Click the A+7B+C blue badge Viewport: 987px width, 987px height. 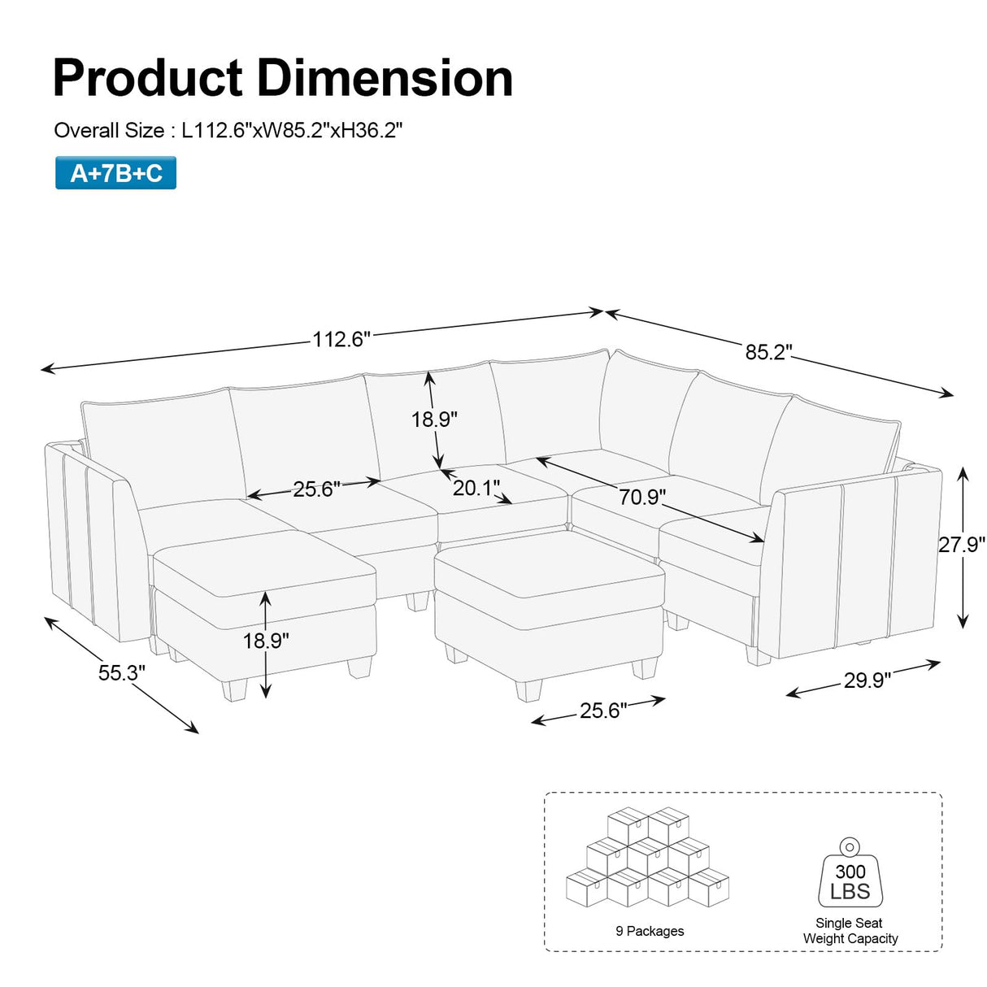pyautogui.click(x=115, y=173)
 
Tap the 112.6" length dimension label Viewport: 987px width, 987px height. pyautogui.click(x=341, y=339)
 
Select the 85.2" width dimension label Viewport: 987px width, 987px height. pyautogui.click(x=768, y=353)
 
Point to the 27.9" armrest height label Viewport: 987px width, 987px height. pyautogui.click(x=961, y=544)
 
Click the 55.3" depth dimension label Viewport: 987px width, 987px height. pyautogui.click(x=122, y=673)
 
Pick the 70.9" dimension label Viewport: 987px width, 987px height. pyautogui.click(x=642, y=497)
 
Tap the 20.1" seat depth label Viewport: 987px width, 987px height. pyautogui.click(x=476, y=488)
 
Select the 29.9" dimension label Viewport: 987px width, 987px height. pyautogui.click(x=867, y=680)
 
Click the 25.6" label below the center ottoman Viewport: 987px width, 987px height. pyautogui.click(x=602, y=711)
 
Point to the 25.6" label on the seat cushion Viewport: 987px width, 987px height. pyautogui.click(x=316, y=489)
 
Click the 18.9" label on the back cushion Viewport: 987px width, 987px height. pyautogui.click(x=434, y=420)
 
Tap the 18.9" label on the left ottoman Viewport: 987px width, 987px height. pyautogui.click(x=266, y=641)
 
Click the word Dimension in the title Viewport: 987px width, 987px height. pyautogui.click(x=385, y=78)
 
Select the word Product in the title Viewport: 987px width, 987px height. pyautogui.click(x=148, y=78)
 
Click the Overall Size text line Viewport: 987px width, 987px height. pyautogui.click(x=228, y=130)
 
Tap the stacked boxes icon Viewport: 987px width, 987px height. pyautogui.click(x=648, y=858)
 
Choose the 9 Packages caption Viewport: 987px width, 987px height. pyautogui.click(x=650, y=931)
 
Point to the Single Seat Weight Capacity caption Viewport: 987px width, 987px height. pyautogui.click(x=850, y=931)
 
